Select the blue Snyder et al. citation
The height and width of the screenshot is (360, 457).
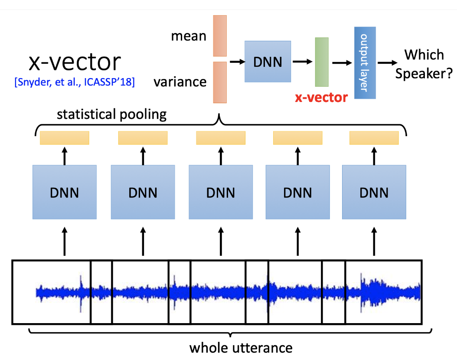click(74, 82)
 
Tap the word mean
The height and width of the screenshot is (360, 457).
click(189, 36)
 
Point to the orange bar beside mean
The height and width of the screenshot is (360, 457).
click(220, 36)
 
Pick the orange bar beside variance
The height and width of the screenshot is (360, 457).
click(220, 82)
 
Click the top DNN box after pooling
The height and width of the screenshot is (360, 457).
click(268, 62)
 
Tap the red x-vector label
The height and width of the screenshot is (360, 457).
click(321, 98)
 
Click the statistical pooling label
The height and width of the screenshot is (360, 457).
click(112, 115)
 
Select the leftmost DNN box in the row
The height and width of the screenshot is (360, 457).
click(65, 192)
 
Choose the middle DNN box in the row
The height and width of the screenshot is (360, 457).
click(220, 192)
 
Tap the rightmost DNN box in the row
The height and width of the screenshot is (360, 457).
click(374, 192)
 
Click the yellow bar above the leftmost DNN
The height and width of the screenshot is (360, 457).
click(65, 138)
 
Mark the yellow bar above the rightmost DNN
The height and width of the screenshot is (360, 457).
click(374, 138)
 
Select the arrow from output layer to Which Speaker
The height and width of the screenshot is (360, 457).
click(388, 62)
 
